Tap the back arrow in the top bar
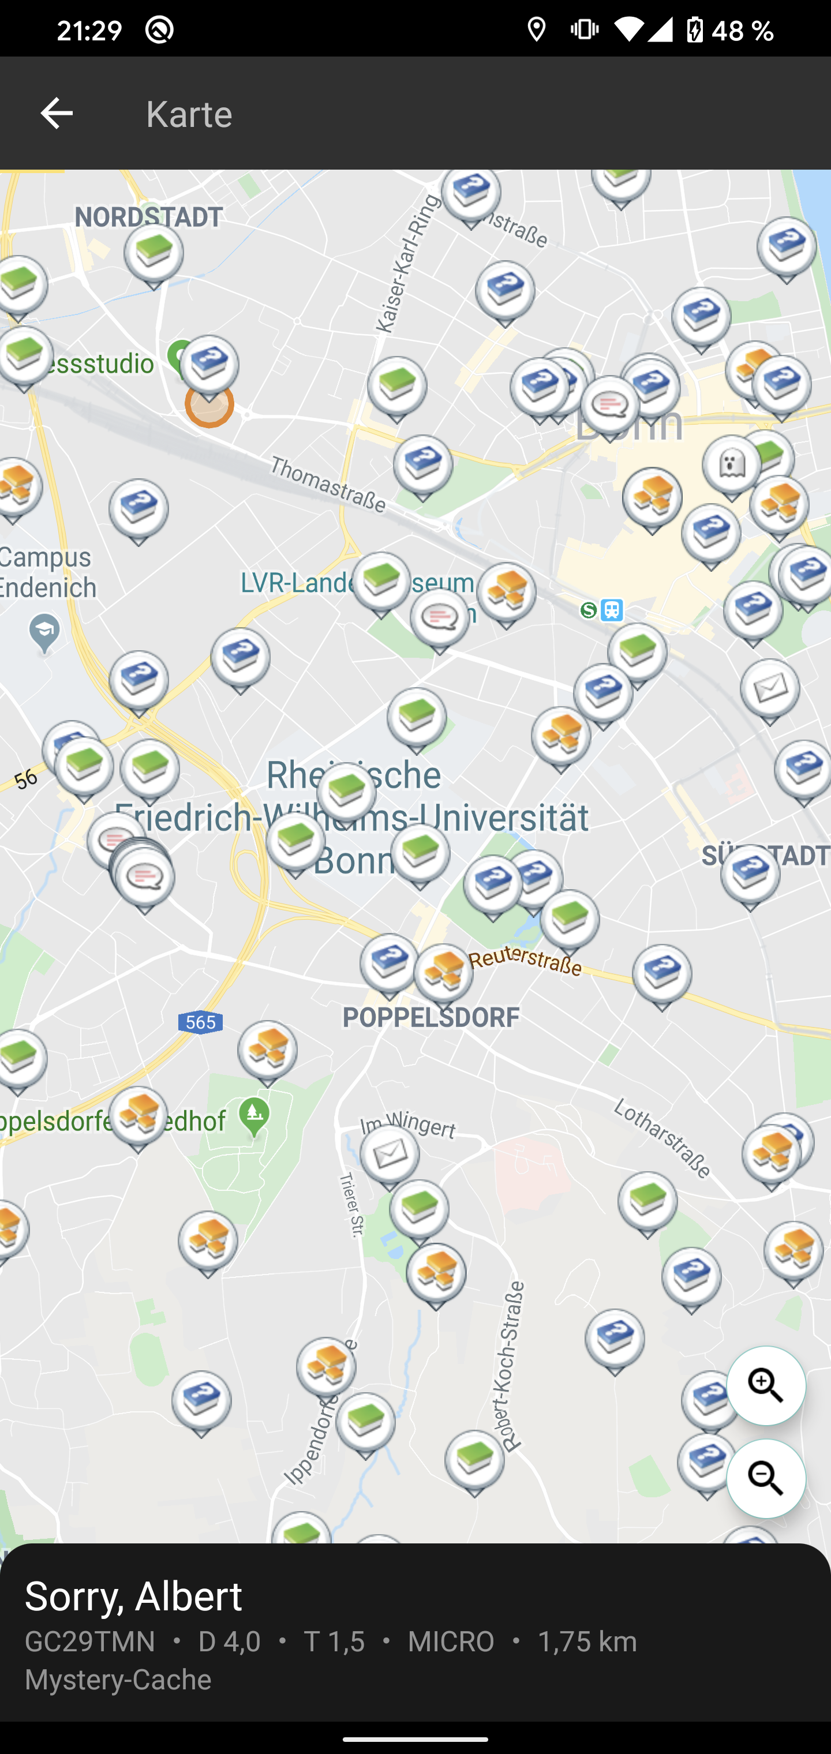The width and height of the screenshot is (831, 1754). coord(57,113)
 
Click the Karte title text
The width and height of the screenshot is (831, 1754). coord(189,114)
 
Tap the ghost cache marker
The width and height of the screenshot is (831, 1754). coord(731,465)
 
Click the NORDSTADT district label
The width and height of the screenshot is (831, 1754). coord(148,217)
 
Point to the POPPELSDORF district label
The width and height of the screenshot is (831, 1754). coord(431,1018)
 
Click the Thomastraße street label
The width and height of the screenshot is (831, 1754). coord(328,484)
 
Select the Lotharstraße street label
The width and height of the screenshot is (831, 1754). coord(662,1137)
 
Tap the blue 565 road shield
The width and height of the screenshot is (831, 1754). coord(200,1022)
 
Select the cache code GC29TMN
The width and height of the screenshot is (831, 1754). coord(90,1641)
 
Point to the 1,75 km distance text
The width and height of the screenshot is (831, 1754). coord(587,1641)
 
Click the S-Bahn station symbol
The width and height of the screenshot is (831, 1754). coord(589,610)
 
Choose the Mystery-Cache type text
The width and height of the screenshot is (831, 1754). coord(118,1680)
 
